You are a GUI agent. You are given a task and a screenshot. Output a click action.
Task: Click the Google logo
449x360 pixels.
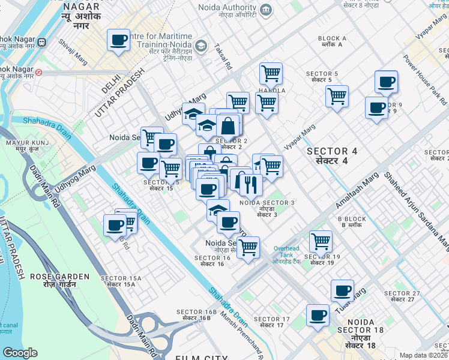tap(20, 353)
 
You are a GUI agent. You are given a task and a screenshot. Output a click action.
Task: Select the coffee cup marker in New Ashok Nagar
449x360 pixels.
tap(118, 41)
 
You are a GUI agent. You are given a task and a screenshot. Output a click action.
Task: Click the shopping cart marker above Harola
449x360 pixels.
tap(271, 73)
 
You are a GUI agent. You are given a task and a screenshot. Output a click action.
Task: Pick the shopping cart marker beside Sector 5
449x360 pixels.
tap(337, 95)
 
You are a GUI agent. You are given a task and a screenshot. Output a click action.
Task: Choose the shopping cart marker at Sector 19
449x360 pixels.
tap(321, 241)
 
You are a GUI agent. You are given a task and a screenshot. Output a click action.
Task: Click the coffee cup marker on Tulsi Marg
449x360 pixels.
tap(343, 291)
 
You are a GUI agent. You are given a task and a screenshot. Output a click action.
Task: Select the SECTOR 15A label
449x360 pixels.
tap(121, 281)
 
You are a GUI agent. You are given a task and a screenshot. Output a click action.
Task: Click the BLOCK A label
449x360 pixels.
tap(333, 41)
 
